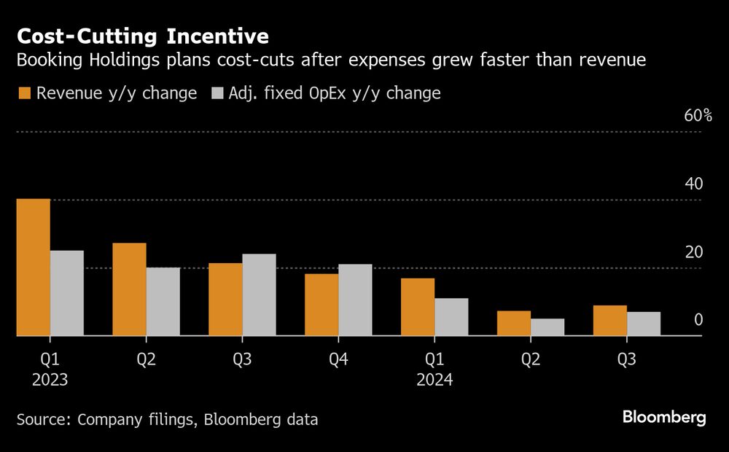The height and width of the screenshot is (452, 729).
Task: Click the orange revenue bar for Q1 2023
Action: tap(34, 267)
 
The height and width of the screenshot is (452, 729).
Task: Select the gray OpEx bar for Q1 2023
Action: tap(67, 293)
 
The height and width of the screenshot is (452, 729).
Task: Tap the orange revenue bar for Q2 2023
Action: tap(130, 289)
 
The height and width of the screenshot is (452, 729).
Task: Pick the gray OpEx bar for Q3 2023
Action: tap(260, 295)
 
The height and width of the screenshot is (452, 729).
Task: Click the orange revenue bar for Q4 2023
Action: tap(321, 305)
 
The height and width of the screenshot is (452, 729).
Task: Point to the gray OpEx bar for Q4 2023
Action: tap(355, 300)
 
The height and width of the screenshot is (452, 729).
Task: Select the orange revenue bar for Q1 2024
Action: tap(418, 307)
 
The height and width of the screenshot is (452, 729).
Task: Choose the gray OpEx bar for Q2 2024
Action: tap(547, 327)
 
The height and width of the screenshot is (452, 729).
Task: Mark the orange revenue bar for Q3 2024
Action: tap(610, 321)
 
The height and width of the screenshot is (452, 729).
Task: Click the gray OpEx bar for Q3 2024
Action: tap(644, 324)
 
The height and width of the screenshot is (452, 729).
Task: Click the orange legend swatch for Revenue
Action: tap(23, 93)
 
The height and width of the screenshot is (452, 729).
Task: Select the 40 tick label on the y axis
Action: tap(694, 184)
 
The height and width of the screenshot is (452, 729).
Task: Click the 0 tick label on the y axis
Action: tap(698, 320)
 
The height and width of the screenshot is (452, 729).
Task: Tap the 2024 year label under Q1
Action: tap(434, 380)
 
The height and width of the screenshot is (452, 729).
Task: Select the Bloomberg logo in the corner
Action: tap(664, 418)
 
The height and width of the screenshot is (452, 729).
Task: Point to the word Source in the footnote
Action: tap(43, 419)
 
